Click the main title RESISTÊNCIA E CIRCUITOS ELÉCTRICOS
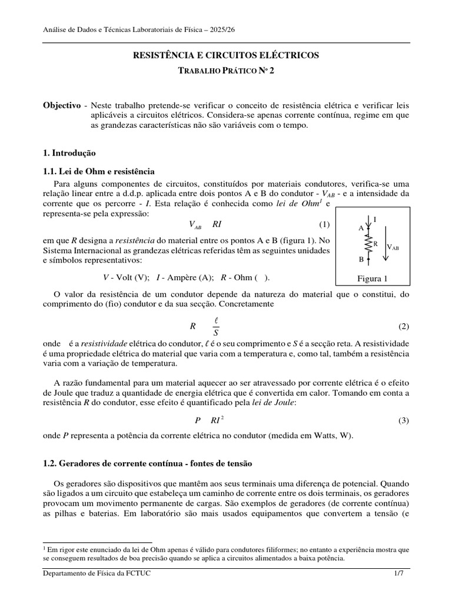pos(227,55)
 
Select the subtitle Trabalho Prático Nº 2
pos(227,71)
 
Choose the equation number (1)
pos(325,224)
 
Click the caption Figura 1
pos(373,279)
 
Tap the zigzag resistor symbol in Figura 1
pos(369,243)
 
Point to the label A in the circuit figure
pos(361,228)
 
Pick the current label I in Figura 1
pos(375,220)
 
